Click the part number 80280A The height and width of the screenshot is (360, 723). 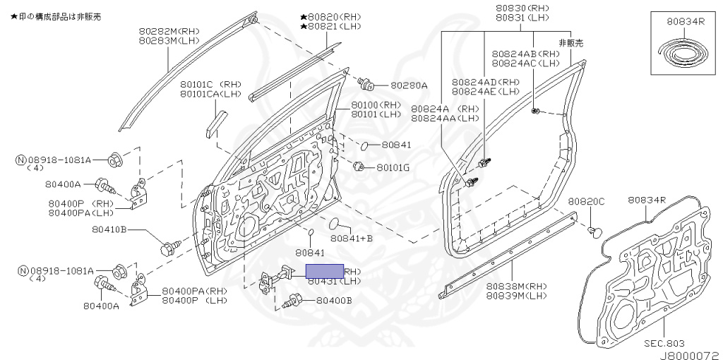pyautogui.click(x=409, y=85)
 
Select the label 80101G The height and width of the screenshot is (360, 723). pyautogui.click(x=393, y=168)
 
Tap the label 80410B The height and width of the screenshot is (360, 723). pyautogui.click(x=109, y=229)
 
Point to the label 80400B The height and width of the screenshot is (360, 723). pyautogui.click(x=334, y=301)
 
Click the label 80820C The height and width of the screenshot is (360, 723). pyautogui.click(x=587, y=201)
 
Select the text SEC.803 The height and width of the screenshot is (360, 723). pyautogui.click(x=665, y=343)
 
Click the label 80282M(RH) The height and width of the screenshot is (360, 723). pyautogui.click(x=169, y=31)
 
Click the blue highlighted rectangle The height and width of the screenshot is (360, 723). pyautogui.click(x=324, y=271)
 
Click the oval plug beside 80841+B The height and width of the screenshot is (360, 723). pyautogui.click(x=336, y=224)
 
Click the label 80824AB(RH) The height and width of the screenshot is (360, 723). pyautogui.click(x=526, y=54)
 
